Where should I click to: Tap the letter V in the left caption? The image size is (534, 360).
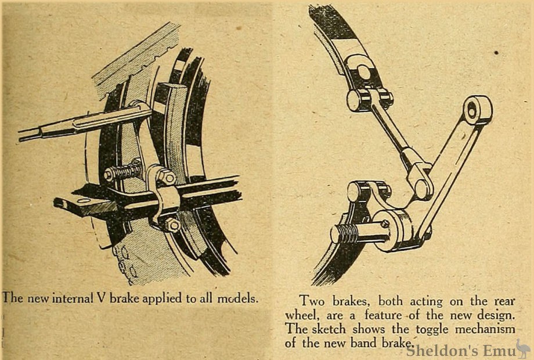101,298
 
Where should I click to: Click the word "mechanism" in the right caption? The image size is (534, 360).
485,329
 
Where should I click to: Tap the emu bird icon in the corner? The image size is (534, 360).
523,348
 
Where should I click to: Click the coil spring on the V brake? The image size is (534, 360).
123,172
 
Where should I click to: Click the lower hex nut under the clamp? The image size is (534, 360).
172,225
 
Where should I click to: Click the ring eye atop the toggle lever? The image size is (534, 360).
478,110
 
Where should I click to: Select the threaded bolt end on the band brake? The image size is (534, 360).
344,233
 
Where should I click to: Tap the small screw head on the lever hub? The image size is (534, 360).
385,224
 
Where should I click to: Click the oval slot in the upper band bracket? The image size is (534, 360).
363,72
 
